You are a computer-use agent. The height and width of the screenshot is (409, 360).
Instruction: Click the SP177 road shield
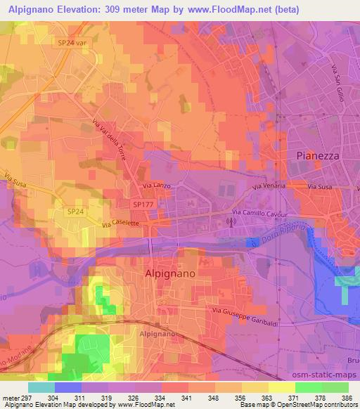[142, 204]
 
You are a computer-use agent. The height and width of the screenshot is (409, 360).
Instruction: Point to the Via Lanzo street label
[157, 186]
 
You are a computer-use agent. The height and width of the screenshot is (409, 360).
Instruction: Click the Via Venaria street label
[269, 188]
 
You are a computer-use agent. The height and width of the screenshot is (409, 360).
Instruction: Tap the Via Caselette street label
[121, 223]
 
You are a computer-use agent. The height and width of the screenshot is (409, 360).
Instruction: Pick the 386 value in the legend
[346, 396]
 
